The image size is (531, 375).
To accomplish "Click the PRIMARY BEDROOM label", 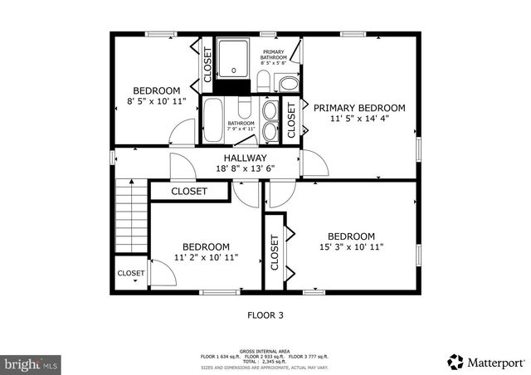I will pyautogui.click(x=358, y=108).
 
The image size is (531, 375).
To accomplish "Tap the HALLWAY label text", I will pyautogui.click(x=245, y=158).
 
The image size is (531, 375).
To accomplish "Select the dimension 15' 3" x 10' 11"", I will pyautogui.click(x=350, y=246).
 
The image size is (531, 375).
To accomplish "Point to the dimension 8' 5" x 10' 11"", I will pyautogui.click(x=157, y=101).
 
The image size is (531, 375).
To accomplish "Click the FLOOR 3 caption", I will pyautogui.click(x=265, y=314).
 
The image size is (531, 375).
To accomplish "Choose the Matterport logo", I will pyautogui.click(x=486, y=362).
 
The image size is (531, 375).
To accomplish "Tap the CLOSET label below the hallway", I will pyautogui.click(x=189, y=192).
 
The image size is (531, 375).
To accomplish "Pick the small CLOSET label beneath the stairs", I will pyautogui.click(x=130, y=273).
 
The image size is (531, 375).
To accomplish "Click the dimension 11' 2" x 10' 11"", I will pyautogui.click(x=206, y=257).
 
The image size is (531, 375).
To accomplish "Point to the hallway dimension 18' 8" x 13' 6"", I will pyautogui.click(x=245, y=168).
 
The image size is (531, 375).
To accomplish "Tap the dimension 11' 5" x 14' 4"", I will pyautogui.click(x=358, y=119).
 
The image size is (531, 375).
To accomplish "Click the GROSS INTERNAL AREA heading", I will pyautogui.click(x=265, y=351).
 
